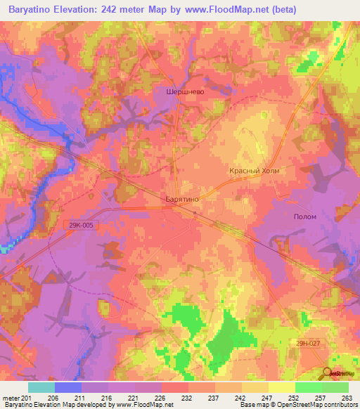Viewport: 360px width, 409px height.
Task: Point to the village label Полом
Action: [x=304, y=216]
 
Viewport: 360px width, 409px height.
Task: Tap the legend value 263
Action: [x=347, y=397]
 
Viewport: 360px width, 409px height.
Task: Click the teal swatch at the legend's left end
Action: [x=41, y=387]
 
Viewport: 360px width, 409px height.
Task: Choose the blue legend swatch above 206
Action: [x=68, y=387]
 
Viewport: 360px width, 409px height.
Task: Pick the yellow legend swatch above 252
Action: [x=282, y=387]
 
